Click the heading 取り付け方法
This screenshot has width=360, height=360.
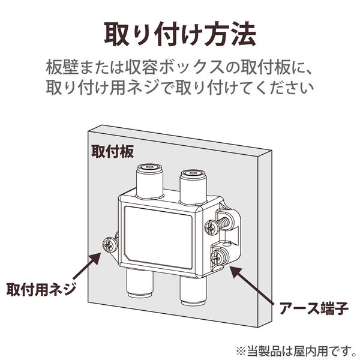pos(180,34)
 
